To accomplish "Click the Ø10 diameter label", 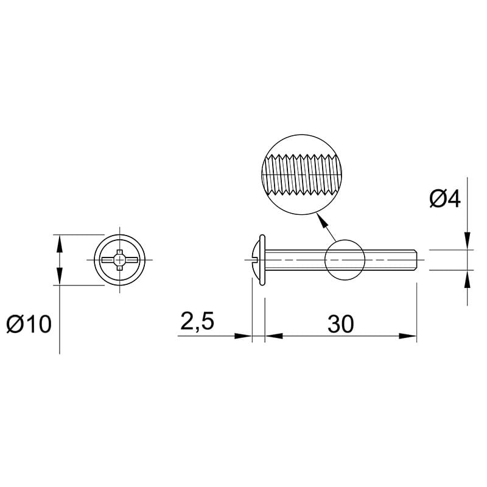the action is pyautogui.click(x=29, y=324).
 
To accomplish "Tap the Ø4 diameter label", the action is pyautogui.click(x=445, y=198).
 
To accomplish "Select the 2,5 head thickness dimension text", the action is pyautogui.click(x=197, y=321).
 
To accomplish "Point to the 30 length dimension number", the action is pyautogui.click(x=340, y=324).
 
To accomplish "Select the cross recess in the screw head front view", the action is pyautogui.click(x=119, y=260).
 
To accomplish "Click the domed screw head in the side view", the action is pyautogui.click(x=256, y=260).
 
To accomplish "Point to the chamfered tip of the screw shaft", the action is pyautogui.click(x=416, y=260).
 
